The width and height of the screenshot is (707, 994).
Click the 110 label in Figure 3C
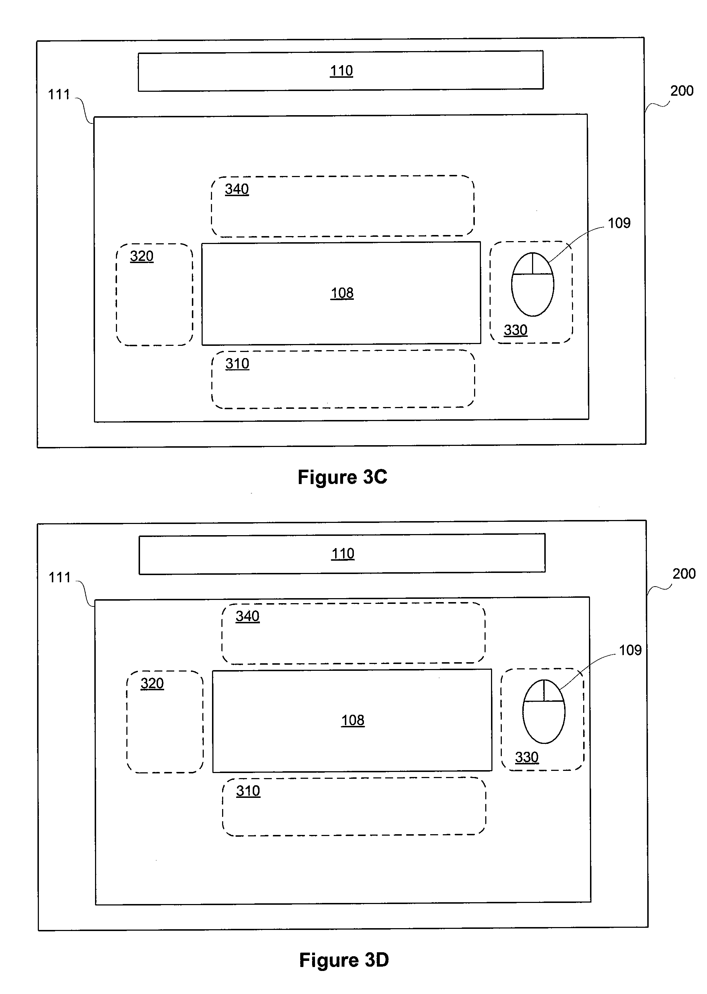(x=341, y=71)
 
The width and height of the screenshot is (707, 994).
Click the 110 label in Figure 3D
(x=343, y=554)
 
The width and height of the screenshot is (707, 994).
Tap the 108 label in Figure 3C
(x=342, y=293)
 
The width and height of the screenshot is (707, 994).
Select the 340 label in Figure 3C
(x=237, y=189)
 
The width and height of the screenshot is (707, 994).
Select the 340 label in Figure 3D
(x=248, y=616)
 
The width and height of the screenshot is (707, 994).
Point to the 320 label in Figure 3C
(x=142, y=256)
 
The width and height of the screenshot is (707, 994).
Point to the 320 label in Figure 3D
(x=152, y=684)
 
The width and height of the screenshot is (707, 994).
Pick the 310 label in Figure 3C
(x=237, y=364)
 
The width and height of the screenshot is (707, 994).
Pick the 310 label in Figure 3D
(x=248, y=791)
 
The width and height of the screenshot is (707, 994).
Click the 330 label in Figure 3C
(x=516, y=330)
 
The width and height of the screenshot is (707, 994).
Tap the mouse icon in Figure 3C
(x=532, y=284)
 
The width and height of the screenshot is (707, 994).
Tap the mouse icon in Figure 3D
(x=544, y=711)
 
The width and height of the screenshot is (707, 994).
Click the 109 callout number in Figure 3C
(x=619, y=223)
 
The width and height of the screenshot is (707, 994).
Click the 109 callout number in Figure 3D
(x=630, y=650)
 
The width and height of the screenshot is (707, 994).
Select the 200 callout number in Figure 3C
(x=682, y=91)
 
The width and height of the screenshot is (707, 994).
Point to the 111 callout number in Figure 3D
(x=60, y=578)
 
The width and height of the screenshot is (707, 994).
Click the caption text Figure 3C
(x=343, y=478)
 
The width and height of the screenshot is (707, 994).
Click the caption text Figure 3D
(x=344, y=960)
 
